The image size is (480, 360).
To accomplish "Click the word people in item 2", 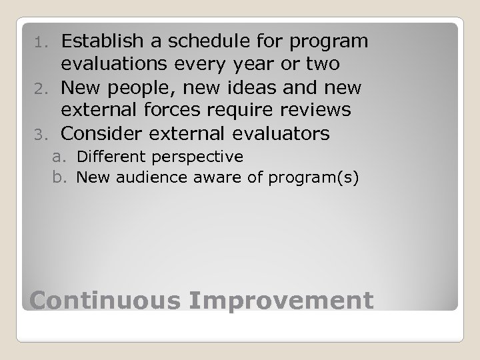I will click(143, 88).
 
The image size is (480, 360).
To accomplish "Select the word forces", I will click(168, 111).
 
